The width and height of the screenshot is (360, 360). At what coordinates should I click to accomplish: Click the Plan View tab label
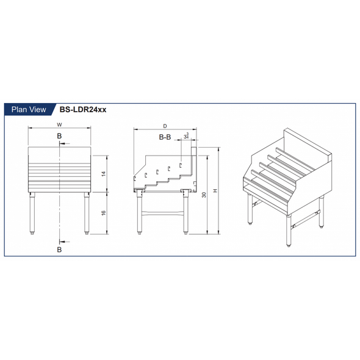tap(29, 110)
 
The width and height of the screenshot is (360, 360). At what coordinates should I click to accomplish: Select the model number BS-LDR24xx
tap(83, 110)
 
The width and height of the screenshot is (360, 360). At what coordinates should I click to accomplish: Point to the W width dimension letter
tap(59, 124)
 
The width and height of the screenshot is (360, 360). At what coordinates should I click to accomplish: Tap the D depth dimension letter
tap(165, 126)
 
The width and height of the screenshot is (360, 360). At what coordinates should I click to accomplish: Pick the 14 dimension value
tap(104, 174)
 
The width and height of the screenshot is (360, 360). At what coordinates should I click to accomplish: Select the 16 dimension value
tap(104, 213)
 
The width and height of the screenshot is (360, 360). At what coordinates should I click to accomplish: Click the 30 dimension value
tap(203, 193)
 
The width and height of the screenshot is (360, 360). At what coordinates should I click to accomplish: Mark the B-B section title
tap(165, 137)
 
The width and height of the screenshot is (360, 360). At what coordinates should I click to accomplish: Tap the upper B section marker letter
tap(59, 135)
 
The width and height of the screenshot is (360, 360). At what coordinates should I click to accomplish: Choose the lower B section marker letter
tap(59, 250)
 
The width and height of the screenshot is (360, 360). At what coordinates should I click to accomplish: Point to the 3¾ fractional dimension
tap(185, 137)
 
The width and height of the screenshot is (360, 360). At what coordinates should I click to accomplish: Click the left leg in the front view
tap(32, 213)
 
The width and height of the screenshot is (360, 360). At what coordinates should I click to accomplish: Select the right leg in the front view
tap(87, 213)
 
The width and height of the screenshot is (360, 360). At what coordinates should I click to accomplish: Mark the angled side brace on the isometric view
tap(305, 221)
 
